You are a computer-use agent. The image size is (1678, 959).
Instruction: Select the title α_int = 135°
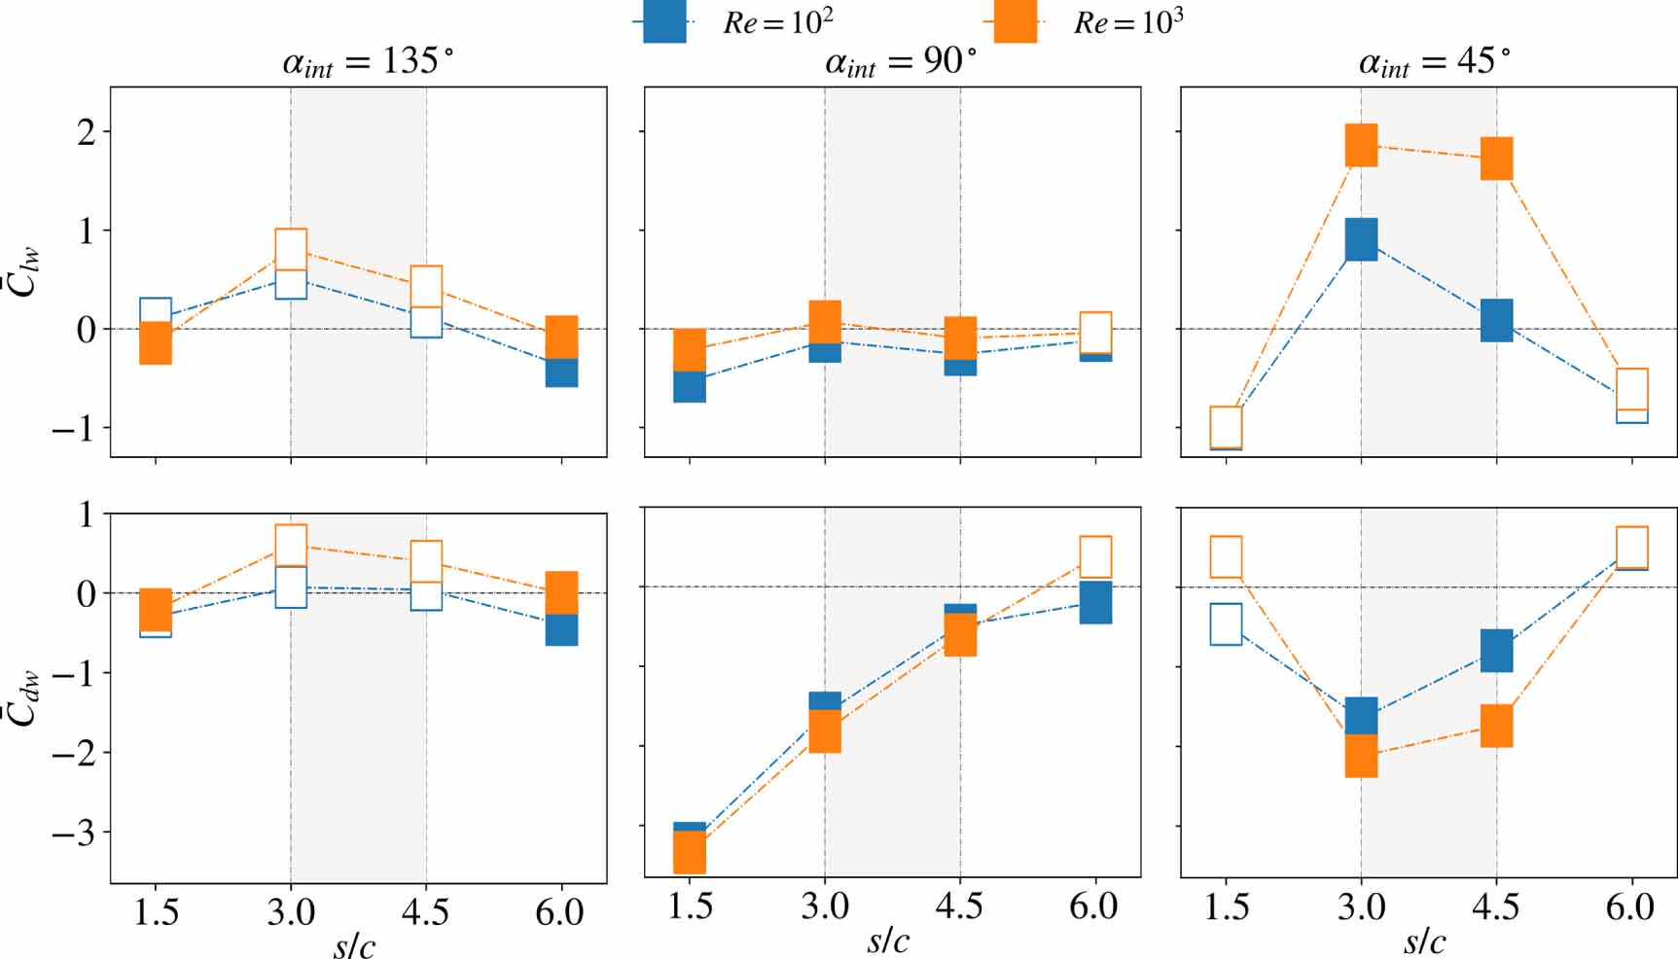pos(368,62)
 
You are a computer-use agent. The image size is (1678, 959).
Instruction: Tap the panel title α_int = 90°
pos(901,62)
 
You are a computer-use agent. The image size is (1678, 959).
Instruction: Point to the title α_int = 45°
pos(1435,62)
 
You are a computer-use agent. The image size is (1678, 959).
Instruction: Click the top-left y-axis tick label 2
pos(87,131)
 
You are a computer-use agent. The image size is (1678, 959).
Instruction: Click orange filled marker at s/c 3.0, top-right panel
pos(1361,145)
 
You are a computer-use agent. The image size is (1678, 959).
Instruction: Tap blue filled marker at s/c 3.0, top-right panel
pos(1361,240)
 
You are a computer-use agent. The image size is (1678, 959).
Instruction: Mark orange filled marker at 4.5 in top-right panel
pos(1496,159)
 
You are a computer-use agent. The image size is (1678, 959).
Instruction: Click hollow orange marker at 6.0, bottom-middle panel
pos(1095,557)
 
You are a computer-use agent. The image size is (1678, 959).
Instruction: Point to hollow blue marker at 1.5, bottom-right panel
pos(1226,624)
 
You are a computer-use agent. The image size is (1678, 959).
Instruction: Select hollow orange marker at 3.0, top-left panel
pos(291,248)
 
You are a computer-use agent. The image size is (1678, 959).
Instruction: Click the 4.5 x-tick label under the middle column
pos(959,906)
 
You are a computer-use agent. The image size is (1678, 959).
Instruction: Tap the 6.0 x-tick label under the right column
pos(1630,906)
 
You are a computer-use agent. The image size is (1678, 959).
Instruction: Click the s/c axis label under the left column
pos(353,943)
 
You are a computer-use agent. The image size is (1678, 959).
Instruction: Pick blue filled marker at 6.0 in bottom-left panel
pos(561,630)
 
